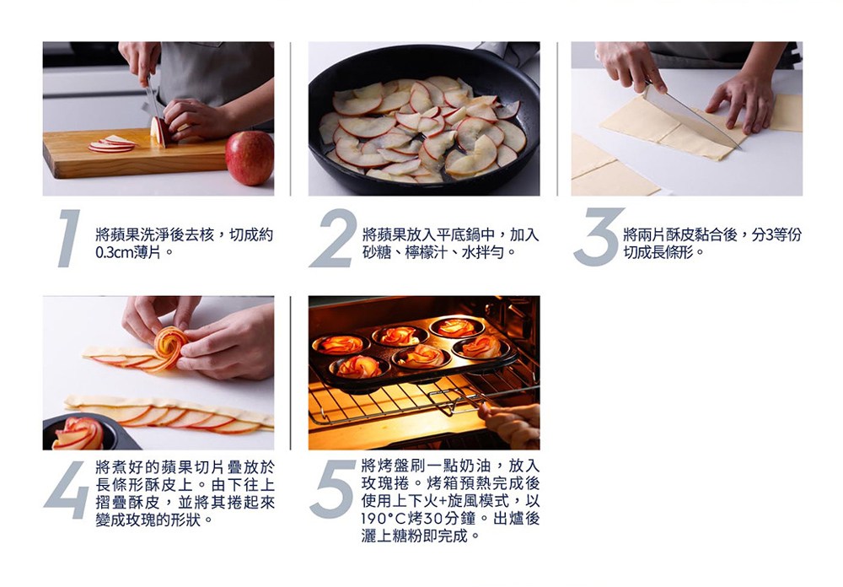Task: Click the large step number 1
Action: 70,238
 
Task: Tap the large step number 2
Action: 333,238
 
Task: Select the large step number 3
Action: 598,238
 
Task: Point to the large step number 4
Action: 67,491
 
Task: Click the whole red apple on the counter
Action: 250,157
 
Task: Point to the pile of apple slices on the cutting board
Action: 112,144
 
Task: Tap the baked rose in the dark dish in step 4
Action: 78,434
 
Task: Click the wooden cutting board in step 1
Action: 126,159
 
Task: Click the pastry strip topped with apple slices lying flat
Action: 169,413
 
